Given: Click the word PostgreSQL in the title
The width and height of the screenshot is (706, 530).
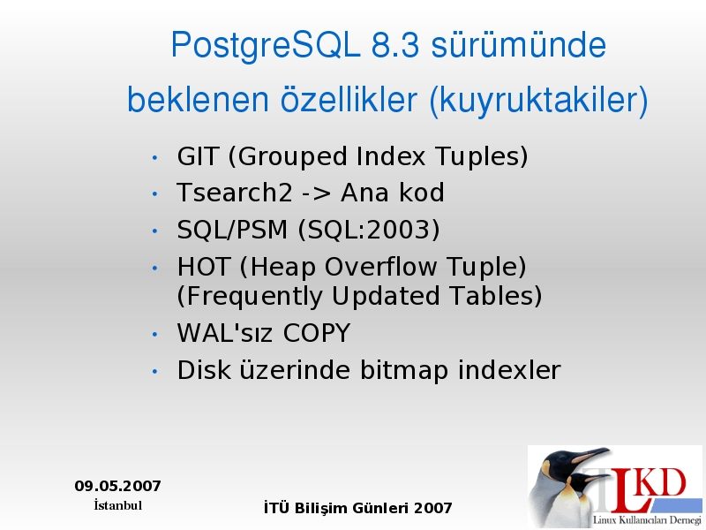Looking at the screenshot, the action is click(x=266, y=46).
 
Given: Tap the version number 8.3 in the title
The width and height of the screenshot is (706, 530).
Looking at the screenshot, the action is click(x=395, y=45).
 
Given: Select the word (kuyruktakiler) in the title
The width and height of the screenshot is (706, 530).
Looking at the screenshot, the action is click(x=539, y=100).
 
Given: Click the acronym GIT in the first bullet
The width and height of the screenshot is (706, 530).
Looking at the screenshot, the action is click(x=198, y=156).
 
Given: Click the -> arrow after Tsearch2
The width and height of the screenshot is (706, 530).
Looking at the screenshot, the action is click(x=316, y=193).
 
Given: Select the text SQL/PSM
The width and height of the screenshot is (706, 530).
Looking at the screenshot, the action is click(x=232, y=230).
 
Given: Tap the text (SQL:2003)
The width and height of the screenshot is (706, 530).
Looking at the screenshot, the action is click(x=369, y=230).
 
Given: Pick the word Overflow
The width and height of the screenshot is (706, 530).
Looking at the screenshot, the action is click(x=380, y=267).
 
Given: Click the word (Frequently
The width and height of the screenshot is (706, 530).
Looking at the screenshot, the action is click(x=250, y=297).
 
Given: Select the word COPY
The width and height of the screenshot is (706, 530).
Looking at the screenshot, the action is click(x=317, y=333).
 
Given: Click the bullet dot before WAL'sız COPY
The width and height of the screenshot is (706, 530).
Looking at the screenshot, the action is click(x=155, y=335).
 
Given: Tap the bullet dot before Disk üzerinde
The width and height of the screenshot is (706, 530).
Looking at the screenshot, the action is click(x=155, y=371).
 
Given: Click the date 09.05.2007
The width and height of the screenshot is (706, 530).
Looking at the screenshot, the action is click(x=117, y=486).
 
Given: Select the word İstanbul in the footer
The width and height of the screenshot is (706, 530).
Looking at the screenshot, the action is click(x=118, y=505).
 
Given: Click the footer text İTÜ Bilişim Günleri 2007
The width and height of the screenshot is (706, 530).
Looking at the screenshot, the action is click(x=358, y=508).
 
